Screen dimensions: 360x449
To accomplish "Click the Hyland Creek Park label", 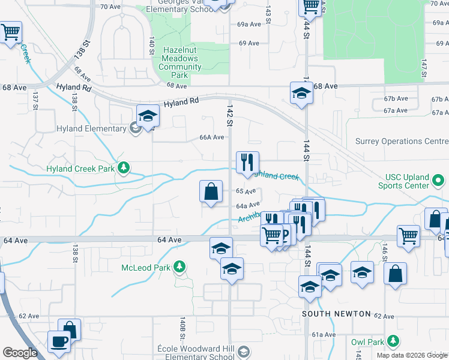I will point(80,169).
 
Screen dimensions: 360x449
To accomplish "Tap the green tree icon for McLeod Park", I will point(179,266).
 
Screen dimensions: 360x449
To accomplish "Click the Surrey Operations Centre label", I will point(402,142).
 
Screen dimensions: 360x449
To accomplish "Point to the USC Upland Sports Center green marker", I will point(439,179).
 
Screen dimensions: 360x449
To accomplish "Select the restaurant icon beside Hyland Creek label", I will point(247,162).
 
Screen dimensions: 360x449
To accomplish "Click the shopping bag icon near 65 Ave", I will point(211,192).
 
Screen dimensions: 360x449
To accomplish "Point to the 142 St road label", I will point(229,115).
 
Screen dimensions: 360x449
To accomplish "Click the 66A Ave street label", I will point(212,137).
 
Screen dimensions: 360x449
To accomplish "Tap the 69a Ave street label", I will point(249,25).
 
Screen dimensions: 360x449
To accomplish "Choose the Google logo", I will point(20,353).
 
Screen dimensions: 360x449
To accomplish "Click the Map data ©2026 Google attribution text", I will point(412,355).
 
